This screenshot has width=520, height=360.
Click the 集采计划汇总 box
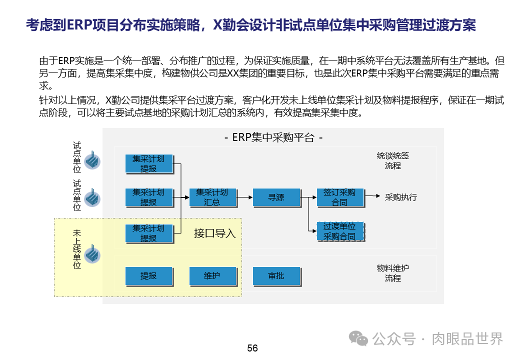click(x=212, y=197)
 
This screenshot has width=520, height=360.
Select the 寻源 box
click(x=276, y=197)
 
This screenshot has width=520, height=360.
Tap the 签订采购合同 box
click(x=339, y=197)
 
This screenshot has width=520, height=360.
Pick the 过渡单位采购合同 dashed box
click(x=339, y=231)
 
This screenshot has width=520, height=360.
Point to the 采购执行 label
click(x=400, y=197)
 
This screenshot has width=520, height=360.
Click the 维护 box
click(x=212, y=276)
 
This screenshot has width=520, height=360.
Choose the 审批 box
click(x=276, y=276)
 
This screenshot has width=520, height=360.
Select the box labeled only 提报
click(x=148, y=276)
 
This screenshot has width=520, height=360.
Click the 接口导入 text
click(x=214, y=233)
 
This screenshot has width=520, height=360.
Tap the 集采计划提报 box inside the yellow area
click(x=148, y=233)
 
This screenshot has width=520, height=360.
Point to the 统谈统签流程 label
click(x=393, y=160)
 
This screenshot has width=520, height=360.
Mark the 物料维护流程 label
click(x=393, y=273)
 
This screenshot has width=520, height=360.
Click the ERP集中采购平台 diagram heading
click(x=273, y=137)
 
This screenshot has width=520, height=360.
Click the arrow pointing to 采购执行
click(x=372, y=196)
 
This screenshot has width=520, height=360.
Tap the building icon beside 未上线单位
click(x=92, y=254)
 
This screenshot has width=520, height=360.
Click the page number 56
click(x=252, y=348)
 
